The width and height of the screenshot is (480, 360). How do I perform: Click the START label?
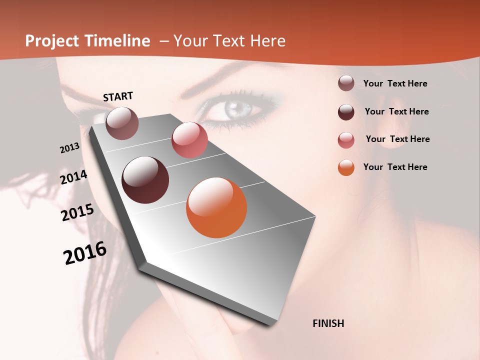point(118,96)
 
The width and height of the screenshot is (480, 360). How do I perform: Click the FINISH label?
point(328,323)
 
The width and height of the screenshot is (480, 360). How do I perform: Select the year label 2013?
point(69,148)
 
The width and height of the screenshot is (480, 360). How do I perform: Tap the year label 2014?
point(73,177)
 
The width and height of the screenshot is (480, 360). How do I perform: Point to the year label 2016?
point(85,253)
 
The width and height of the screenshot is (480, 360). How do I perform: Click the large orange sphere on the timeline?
point(216,207)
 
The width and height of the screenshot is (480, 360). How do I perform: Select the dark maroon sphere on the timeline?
point(145,180)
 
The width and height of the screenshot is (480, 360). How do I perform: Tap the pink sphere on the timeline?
point(189,139)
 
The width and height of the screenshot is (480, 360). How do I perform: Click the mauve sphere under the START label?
point(122,123)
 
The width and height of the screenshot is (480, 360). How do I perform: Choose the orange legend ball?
point(346,167)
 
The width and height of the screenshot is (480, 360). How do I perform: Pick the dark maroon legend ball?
point(346,112)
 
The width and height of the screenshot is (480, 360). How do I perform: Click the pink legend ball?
point(346,140)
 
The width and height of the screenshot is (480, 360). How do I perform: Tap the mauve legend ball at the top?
point(346,83)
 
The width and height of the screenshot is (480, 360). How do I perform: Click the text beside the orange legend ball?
point(395,167)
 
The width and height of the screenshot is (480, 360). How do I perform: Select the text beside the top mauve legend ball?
point(395,83)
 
